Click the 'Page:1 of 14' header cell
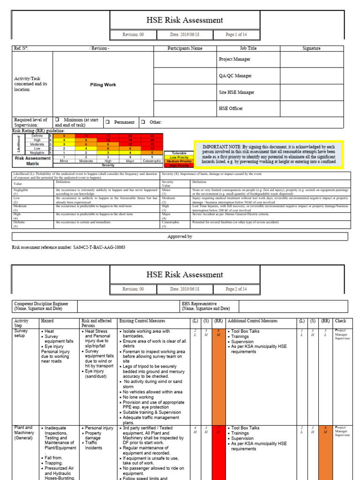236,35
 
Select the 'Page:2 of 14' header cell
236,289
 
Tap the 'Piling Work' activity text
103,85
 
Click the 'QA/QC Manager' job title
235,75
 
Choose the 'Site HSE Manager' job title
237,92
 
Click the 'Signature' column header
311,48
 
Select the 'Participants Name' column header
185,48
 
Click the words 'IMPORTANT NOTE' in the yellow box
220,146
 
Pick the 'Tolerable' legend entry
177,153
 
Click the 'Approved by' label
180,237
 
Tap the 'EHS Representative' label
199,303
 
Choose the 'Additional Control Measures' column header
253,321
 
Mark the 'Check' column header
340,321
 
